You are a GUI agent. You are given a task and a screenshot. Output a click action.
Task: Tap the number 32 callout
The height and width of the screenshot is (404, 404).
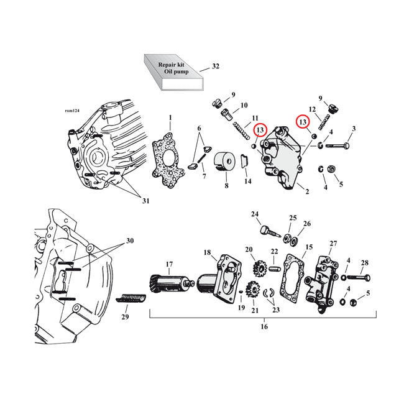click(216, 66)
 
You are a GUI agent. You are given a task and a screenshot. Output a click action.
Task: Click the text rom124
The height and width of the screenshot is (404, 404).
click(72, 111)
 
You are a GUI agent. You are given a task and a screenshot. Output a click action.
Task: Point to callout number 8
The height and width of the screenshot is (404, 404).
click(226, 186)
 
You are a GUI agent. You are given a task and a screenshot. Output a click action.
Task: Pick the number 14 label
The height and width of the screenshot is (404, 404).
click(247, 181)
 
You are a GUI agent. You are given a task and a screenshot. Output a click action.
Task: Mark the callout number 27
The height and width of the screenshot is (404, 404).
click(333, 244)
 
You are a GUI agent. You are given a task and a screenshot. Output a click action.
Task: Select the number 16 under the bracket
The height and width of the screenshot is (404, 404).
click(264, 326)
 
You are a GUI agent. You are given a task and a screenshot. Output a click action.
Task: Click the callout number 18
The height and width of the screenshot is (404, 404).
click(208, 252)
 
